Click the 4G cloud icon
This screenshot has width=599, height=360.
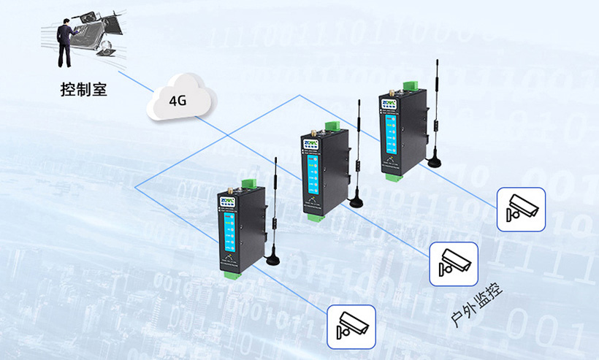[x=178, y=101]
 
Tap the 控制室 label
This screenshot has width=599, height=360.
[x=84, y=90]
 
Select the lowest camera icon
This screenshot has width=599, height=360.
[x=351, y=326]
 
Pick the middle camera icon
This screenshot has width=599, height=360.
[x=453, y=264]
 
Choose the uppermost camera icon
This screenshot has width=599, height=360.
[x=521, y=209]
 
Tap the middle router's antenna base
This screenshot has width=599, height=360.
[x=356, y=201]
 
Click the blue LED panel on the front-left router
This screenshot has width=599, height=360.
[x=230, y=234]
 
